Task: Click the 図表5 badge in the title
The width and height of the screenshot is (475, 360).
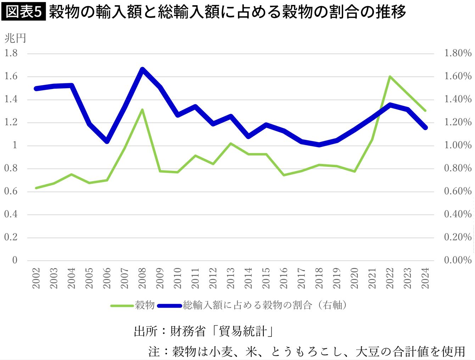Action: point(24,12)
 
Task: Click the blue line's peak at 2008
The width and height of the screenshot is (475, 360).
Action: point(142,69)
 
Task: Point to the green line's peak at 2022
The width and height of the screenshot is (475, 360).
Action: point(390,77)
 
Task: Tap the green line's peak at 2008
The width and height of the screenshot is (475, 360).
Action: point(142,109)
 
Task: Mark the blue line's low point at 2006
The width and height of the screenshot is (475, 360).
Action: point(107,141)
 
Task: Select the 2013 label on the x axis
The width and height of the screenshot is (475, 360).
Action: point(231,278)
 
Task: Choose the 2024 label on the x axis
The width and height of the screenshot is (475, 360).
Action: point(425,278)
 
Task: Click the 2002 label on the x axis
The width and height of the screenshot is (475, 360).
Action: point(36,278)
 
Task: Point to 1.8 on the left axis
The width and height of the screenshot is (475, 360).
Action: point(11,53)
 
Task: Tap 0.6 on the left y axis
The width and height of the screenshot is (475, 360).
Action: point(11,191)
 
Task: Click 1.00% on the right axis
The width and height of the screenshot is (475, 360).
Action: point(458,145)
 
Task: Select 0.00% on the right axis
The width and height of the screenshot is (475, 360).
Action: point(458,260)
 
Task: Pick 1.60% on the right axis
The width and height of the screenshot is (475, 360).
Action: point(458,76)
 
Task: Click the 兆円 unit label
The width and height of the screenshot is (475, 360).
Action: point(15,38)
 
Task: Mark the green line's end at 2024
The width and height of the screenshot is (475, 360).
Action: point(425,111)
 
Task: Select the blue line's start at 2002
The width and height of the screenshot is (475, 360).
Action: point(36,88)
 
